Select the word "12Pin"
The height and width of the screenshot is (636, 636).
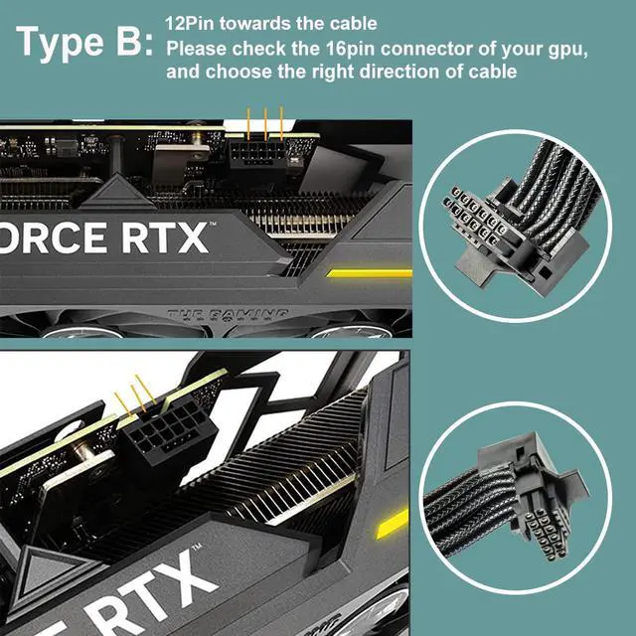[187, 22]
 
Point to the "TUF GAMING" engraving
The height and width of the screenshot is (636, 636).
[228, 315]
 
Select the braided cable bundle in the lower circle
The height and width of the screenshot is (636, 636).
[467, 492]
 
